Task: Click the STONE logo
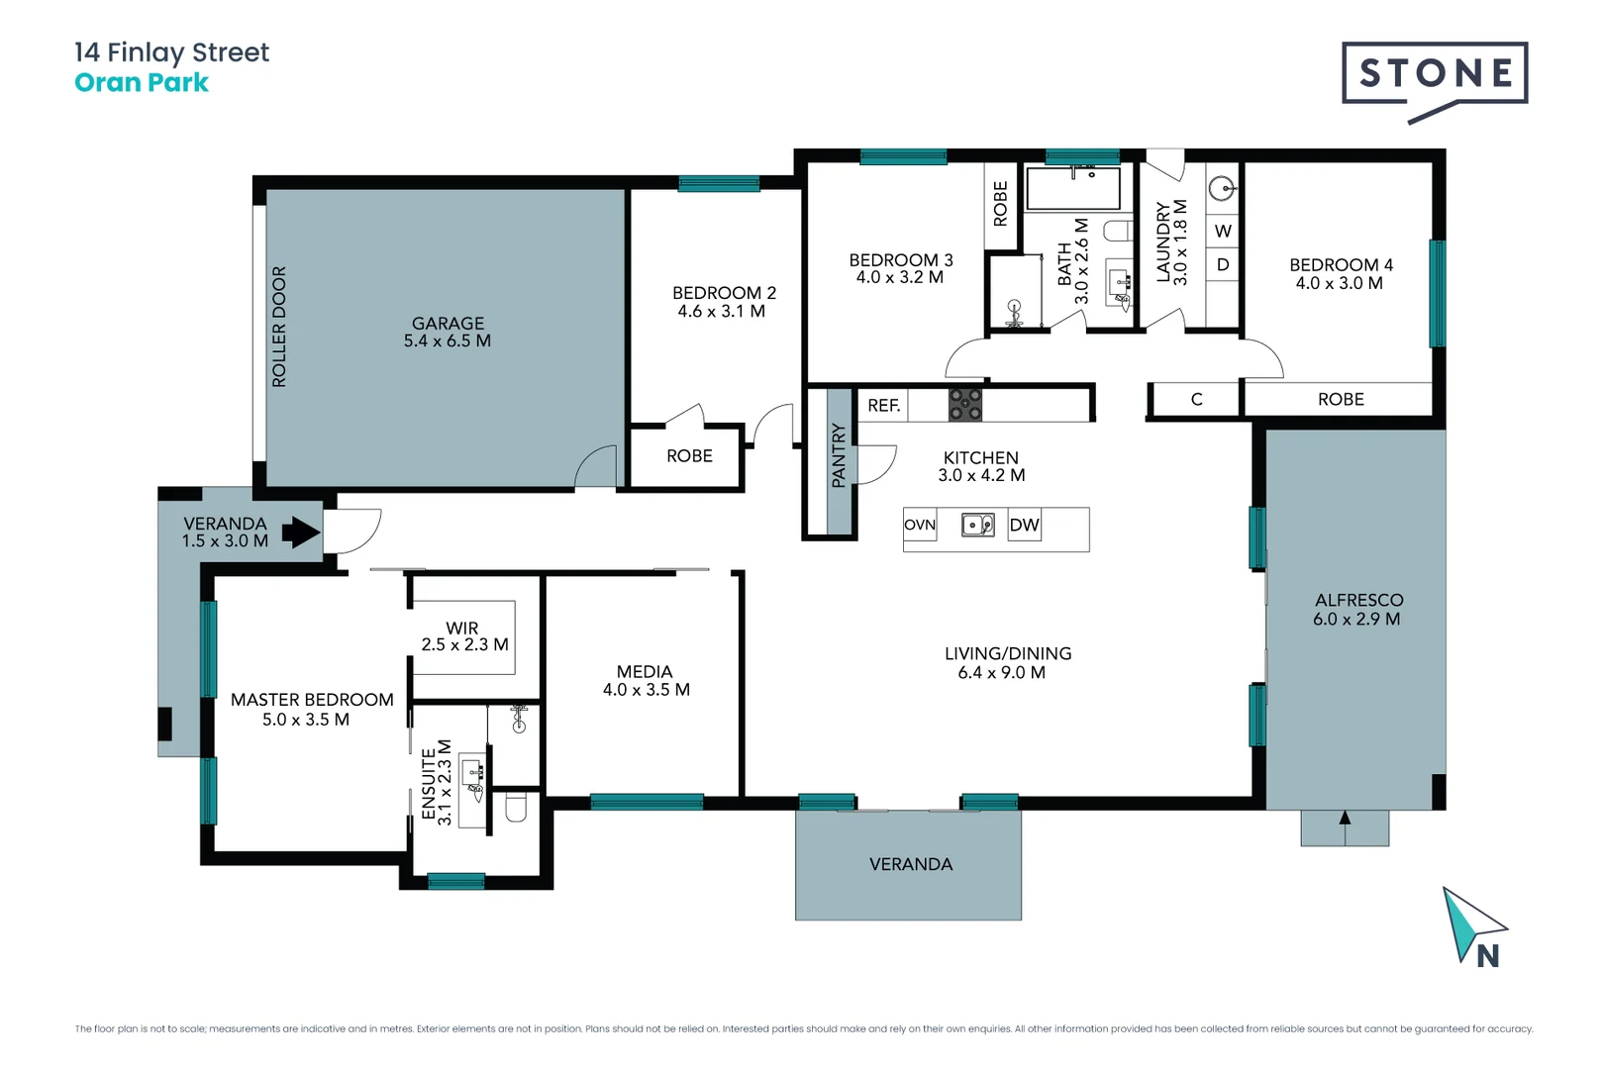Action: [1435, 73]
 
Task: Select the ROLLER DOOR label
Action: [279, 327]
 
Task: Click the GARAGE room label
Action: [448, 323]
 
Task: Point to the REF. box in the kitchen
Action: [883, 405]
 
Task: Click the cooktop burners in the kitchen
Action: [965, 405]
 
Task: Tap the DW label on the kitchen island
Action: [1024, 526]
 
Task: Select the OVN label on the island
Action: [920, 526]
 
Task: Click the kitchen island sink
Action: [977, 525]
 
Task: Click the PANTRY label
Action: [839, 455]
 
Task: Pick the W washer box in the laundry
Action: [1223, 231]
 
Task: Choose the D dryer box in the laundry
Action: [1223, 265]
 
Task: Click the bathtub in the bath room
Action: [1072, 188]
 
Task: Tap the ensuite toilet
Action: [516, 808]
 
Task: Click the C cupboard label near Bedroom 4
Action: [1196, 400]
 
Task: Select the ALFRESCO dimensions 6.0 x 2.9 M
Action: [1356, 620]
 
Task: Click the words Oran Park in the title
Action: [142, 83]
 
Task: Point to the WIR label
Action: [462, 628]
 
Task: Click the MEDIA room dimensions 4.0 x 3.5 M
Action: [646, 690]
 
